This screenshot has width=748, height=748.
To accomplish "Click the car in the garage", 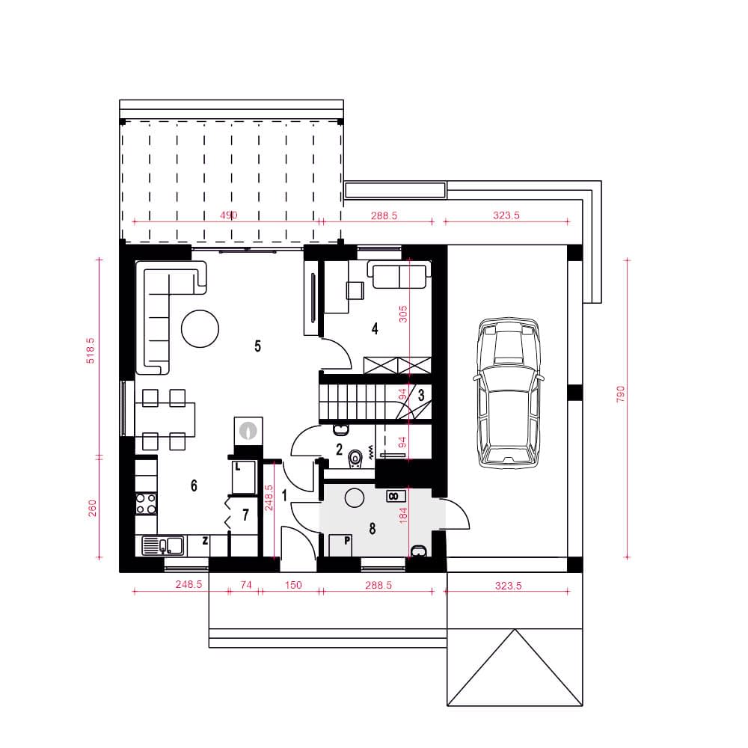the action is pyautogui.click(x=509, y=392).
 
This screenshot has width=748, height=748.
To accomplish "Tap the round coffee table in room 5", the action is pyautogui.click(x=200, y=328).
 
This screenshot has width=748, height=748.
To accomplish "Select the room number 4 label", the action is pyautogui.click(x=375, y=328).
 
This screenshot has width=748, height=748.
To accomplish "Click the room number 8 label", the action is pyautogui.click(x=372, y=529).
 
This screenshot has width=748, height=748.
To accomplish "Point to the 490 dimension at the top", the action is pyautogui.click(x=228, y=215).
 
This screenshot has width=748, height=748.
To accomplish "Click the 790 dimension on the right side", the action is pyautogui.click(x=620, y=394).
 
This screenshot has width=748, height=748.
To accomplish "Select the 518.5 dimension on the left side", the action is pyautogui.click(x=91, y=351).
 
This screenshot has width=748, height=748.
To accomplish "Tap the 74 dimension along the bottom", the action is pyautogui.click(x=245, y=585).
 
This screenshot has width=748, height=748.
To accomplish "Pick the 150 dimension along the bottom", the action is pyautogui.click(x=293, y=585).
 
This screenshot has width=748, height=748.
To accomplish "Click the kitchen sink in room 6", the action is pyautogui.click(x=162, y=546).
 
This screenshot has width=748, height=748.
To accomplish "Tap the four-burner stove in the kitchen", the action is pyautogui.click(x=146, y=503).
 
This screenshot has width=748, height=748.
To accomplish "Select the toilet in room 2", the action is pyautogui.click(x=355, y=459).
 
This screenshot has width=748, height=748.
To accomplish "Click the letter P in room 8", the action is pyautogui.click(x=347, y=541).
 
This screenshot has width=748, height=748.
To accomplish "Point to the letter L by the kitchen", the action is pyautogui.click(x=238, y=467).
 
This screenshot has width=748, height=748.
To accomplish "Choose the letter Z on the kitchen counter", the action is pyautogui.click(x=205, y=541).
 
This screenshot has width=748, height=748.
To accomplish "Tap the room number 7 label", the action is pyautogui.click(x=245, y=515).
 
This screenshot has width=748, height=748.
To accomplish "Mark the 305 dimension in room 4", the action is pyautogui.click(x=403, y=314).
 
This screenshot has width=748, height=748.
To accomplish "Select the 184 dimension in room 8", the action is pyautogui.click(x=403, y=515).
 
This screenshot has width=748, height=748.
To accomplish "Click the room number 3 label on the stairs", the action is pyautogui.click(x=421, y=395).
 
